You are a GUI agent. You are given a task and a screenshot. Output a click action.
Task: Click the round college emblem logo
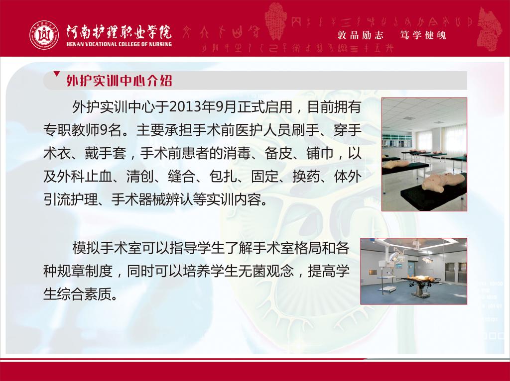[x=44, y=35]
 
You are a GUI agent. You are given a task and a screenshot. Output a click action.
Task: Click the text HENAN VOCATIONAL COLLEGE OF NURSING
[x=119, y=44]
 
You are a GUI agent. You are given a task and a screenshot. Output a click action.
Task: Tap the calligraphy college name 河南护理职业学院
[x=119, y=31]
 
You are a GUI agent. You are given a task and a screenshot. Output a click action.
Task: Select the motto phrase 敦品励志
[x=361, y=35]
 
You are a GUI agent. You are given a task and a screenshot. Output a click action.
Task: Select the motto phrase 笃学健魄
[x=423, y=35]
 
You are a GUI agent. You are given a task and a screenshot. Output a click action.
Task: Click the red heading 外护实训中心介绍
[x=120, y=81]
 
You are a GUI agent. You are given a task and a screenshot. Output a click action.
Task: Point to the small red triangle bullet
[x=57, y=74]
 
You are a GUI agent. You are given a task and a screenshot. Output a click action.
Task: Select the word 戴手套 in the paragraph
[x=106, y=153]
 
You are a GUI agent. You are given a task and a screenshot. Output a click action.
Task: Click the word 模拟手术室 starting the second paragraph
[x=107, y=248]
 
